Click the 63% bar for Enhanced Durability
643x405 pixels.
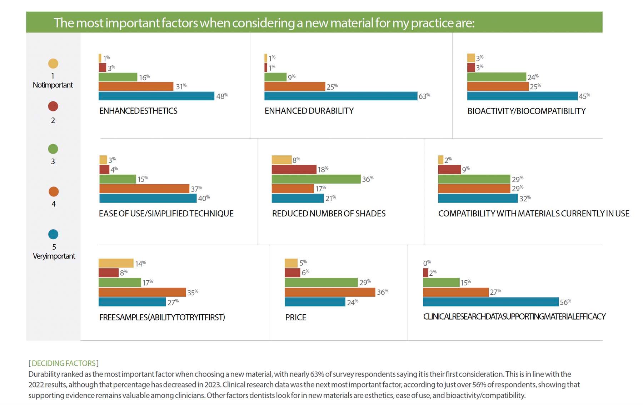[x=340, y=96]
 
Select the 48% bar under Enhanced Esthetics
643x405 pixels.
[x=156, y=96]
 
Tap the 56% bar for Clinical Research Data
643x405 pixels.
[x=490, y=302]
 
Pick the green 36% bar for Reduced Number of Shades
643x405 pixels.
[x=316, y=179]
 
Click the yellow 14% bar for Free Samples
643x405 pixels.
[x=116, y=263]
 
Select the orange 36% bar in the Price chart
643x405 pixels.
[x=330, y=292]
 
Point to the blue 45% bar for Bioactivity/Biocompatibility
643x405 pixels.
[x=522, y=96]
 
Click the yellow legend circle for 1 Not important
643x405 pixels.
[x=53, y=64]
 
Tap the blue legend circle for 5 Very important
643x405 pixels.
[x=53, y=234]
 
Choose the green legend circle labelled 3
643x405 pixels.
[x=53, y=149]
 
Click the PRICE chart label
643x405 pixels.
[x=295, y=317]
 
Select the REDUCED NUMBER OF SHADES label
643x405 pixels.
[x=329, y=214]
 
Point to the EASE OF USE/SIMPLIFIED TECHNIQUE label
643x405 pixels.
[x=166, y=214]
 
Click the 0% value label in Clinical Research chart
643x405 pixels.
[x=427, y=263]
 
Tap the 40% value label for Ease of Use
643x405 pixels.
[x=204, y=198]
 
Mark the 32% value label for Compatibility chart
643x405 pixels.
[x=525, y=199]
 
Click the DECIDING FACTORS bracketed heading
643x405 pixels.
[x=64, y=363]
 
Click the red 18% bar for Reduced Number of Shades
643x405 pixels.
[x=294, y=169]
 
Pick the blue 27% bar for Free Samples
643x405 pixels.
[x=132, y=302]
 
